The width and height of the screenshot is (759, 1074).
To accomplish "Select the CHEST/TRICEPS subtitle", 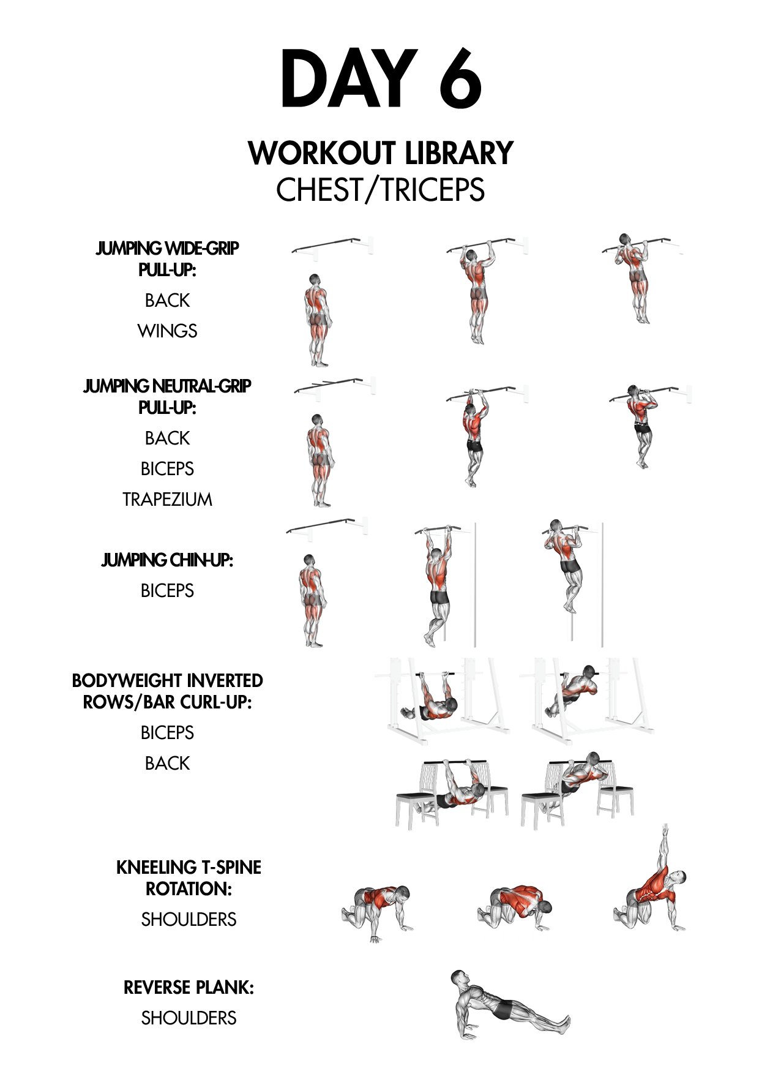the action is tap(380, 190).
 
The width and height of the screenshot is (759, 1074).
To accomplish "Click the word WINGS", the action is tap(167, 331).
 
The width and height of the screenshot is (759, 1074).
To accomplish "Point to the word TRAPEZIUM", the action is tap(167, 500).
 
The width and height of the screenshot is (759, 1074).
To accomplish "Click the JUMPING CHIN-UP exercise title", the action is tap(167, 560).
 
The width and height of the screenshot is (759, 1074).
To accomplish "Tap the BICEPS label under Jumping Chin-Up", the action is tap(167, 591).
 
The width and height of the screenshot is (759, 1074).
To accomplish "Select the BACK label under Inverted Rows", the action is tap(167, 764).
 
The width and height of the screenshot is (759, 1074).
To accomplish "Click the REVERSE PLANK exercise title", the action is tap(189, 988).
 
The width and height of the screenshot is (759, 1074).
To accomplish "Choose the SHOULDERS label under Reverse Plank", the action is tap(189, 1018).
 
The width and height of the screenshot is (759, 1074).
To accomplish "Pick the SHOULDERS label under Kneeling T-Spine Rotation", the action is tap(189, 920).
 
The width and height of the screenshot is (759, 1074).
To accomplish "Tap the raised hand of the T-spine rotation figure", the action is tap(666, 830).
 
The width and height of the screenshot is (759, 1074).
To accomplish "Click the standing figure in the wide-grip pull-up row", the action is tap(316, 320).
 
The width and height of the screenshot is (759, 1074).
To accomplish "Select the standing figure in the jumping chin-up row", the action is tap(310, 601).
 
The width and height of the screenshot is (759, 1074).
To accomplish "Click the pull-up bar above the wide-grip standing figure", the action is tap(331, 245).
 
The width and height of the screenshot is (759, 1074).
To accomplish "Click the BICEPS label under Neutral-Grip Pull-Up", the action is tap(167, 469).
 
